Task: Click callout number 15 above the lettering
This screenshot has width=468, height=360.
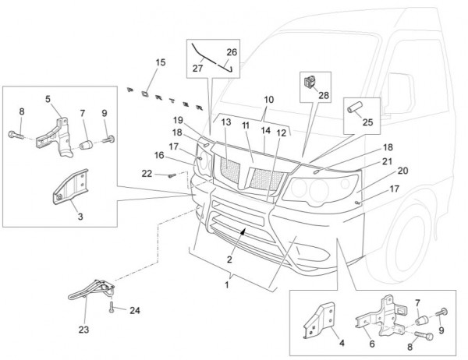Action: pyautogui.click(x=160, y=62)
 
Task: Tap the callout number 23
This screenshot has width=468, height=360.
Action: pyautogui.click(x=83, y=329)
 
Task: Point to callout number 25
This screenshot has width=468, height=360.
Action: pyautogui.click(x=367, y=123)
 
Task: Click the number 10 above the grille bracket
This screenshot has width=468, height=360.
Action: pyautogui.click(x=268, y=100)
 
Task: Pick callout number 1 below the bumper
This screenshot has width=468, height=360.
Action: pyautogui.click(x=228, y=286)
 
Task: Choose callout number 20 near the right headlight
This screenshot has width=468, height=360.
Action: pyautogui.click(x=403, y=171)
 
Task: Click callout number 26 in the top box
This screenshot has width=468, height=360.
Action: pyautogui.click(x=232, y=52)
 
